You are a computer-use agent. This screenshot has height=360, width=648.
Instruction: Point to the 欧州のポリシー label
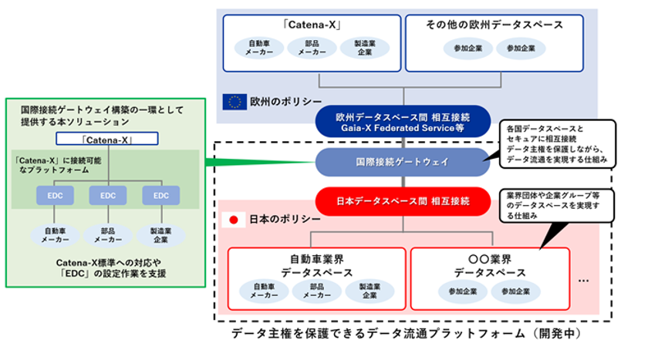tap(275, 101)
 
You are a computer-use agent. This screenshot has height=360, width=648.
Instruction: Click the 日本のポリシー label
tap(275, 220)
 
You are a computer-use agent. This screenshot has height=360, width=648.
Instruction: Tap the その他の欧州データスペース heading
tap(494, 25)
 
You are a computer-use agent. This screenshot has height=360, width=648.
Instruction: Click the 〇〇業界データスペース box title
tap(490, 266)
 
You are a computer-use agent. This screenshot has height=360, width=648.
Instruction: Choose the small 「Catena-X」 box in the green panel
tap(107, 140)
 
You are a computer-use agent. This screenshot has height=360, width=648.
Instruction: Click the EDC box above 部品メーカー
tap(107, 196)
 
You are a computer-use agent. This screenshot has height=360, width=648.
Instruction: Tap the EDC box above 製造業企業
tap(160, 196)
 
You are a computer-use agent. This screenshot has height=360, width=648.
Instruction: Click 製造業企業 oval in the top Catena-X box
tap(364, 48)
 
